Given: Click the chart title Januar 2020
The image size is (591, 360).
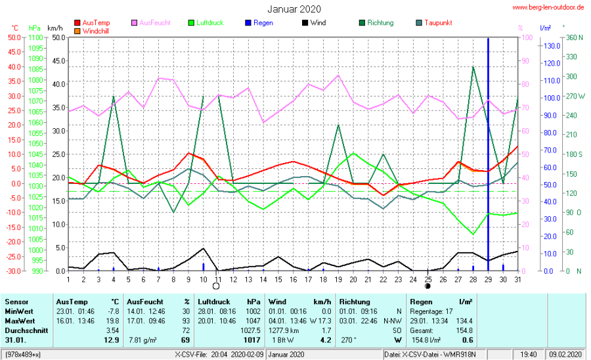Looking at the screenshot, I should (294, 9).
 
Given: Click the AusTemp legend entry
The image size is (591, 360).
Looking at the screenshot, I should (96, 23).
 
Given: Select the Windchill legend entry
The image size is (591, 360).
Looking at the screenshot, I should (96, 31).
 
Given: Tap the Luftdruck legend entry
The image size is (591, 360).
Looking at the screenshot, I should (209, 23).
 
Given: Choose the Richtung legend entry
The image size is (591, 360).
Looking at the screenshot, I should (380, 23).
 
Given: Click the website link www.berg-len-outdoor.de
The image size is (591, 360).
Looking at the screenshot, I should (548, 8).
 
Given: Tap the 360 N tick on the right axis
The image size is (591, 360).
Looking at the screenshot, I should (575, 37).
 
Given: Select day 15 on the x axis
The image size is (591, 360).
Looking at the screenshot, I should (278, 280).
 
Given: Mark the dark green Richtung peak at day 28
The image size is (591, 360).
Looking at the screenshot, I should (473, 67).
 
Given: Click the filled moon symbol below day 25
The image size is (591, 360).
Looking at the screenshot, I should (427, 286).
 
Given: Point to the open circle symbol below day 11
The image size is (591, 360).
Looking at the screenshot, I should (215, 286).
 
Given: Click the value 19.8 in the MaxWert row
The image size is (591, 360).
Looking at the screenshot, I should (112, 320).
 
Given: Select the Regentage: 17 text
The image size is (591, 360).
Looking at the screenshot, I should (431, 311).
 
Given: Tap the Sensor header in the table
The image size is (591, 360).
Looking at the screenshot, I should (16, 301).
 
